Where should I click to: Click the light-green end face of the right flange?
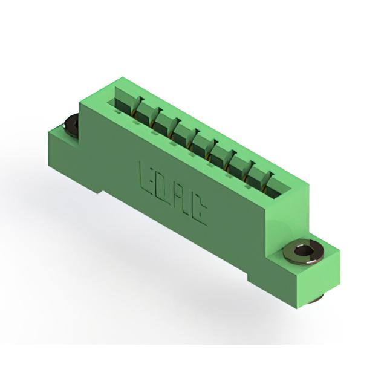pos(319,279)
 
